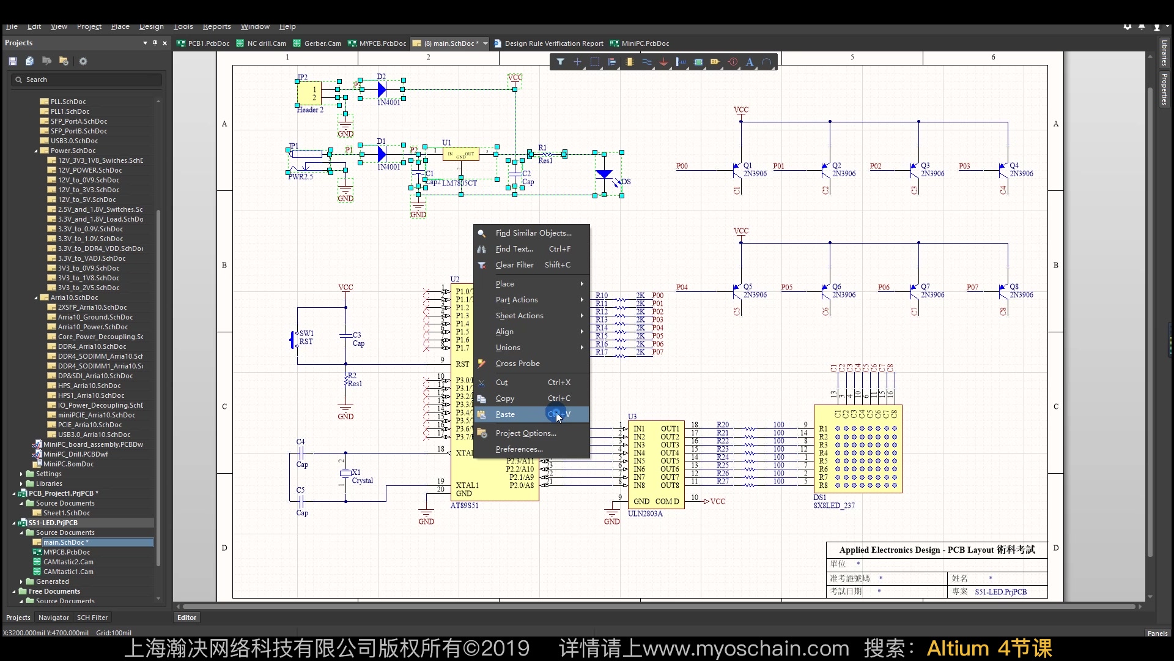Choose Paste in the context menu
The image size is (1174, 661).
[505, 414]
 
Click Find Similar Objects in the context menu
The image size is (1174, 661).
[533, 233]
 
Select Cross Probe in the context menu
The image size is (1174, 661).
[517, 364]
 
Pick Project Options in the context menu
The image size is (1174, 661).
[525, 433]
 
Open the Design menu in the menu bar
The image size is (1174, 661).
[151, 26]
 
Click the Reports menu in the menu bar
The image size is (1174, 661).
[216, 26]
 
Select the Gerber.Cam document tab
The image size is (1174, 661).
[322, 43]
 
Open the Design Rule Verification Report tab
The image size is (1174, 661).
[553, 43]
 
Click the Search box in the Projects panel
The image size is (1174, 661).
[86, 80]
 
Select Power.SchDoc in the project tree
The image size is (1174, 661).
[73, 151]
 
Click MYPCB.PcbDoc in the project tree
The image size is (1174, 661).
[66, 552]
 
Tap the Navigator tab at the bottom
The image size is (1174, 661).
[54, 618]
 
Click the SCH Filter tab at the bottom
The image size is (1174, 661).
[92, 618]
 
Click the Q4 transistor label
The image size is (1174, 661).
[1014, 166]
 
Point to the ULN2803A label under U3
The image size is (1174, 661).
[645, 513]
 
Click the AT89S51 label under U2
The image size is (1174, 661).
[464, 506]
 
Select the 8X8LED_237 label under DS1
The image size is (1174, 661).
[834, 506]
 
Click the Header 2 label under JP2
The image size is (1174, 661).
[310, 110]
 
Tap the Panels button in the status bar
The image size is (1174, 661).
[1157, 633]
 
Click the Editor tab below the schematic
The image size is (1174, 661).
[186, 618]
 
